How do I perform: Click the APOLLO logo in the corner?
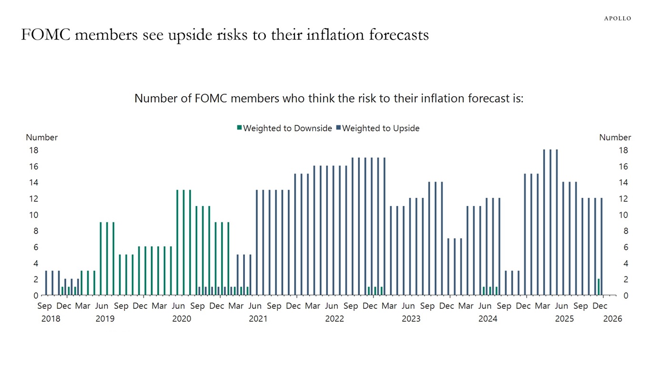(617, 18)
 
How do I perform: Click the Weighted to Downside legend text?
(287, 128)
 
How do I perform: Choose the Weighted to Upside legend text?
(381, 128)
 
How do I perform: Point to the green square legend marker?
(240, 128)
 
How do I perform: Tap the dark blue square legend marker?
(338, 128)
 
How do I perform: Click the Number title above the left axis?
(41, 137)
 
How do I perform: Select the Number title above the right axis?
(615, 137)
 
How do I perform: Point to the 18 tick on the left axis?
(34, 150)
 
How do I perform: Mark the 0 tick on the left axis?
(36, 295)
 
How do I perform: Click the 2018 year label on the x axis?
(51, 319)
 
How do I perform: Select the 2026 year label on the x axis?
(612, 319)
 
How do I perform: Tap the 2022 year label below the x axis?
(335, 319)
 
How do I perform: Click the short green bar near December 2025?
(599, 287)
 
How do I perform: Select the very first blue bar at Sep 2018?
(46, 283)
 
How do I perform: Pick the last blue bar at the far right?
(601, 246)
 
